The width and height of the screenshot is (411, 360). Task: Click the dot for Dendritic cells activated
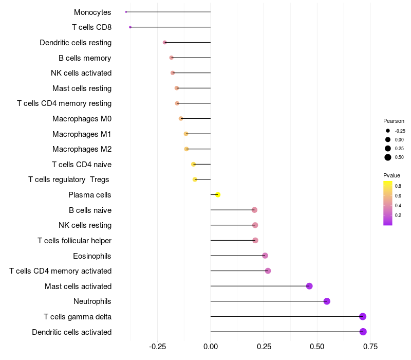coord(363,332)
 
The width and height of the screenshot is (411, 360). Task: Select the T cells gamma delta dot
coord(363,317)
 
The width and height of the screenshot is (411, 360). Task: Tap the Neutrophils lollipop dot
coord(327,301)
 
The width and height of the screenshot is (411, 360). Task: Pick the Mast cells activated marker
coord(309,286)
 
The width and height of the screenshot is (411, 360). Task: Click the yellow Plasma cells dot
coord(218,195)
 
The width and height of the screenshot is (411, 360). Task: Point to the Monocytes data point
coord(126,12)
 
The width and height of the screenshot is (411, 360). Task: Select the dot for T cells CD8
coord(130,27)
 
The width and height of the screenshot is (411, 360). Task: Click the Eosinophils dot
coord(265,256)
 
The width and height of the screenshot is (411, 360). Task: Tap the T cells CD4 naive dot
coord(193,165)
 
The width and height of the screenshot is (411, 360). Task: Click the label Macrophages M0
coord(82,119)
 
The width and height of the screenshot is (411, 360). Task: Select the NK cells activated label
coord(81,73)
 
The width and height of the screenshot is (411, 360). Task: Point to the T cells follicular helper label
coord(74,241)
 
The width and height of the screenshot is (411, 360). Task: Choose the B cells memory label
coord(85,58)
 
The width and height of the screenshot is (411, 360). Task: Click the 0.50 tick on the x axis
coord(317,347)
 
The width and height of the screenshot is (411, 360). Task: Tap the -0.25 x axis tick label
coord(157,347)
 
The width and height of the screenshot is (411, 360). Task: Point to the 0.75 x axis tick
coord(370,347)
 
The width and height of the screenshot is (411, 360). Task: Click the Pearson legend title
coord(394,121)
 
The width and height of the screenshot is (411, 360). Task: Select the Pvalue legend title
coord(391,175)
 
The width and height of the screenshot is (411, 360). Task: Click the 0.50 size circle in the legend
coord(388,157)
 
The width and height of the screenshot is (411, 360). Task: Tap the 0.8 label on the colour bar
coord(398,186)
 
